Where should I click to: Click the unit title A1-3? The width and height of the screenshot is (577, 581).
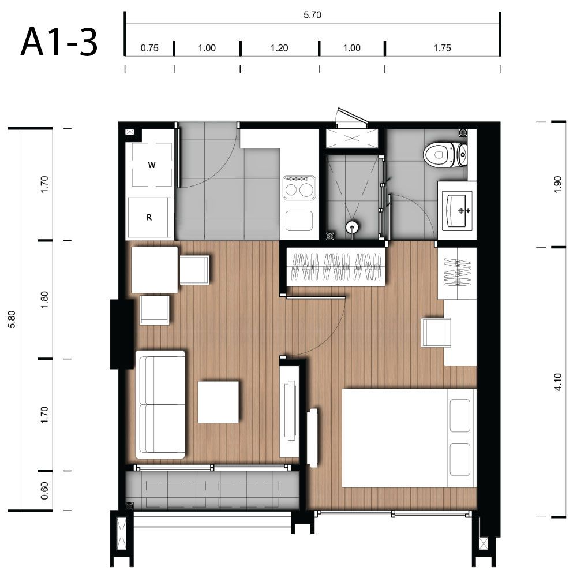tap(59, 43)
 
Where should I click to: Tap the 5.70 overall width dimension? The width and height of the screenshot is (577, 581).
tap(312, 15)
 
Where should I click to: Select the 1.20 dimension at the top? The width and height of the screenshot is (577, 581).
tap(279, 48)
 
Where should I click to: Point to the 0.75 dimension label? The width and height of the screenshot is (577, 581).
tap(149, 48)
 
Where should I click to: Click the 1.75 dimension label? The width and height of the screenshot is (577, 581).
tap(443, 48)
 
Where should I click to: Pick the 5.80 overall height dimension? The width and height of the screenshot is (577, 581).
tap(12, 319)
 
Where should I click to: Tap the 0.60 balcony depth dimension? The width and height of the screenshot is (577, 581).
tap(44, 490)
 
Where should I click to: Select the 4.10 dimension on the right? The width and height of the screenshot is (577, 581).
tap(558, 382)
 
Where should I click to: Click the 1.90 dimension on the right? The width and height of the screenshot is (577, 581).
tap(558, 184)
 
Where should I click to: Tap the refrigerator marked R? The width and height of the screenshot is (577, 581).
tap(149, 218)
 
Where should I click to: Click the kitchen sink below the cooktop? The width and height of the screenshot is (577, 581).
tap(299, 221)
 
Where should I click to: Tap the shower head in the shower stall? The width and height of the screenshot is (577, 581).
tap(352, 226)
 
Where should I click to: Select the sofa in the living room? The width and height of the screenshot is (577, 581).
tap(160, 405)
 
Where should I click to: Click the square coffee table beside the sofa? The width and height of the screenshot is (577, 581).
tap(218, 402)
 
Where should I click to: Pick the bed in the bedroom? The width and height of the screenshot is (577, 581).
tap(409, 438)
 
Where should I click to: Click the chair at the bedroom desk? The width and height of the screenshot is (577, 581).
tap(437, 332)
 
